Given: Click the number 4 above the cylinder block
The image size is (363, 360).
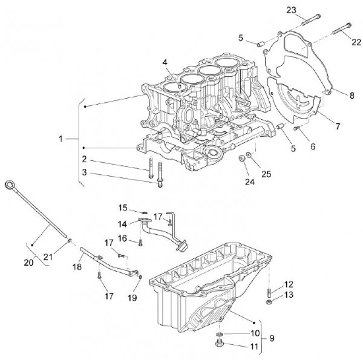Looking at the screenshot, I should coord(165,63).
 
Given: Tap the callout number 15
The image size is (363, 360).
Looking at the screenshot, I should coord(123,208).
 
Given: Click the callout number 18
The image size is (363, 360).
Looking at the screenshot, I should coord(77,266).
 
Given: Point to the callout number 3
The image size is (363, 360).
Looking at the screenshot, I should coord(85,172).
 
